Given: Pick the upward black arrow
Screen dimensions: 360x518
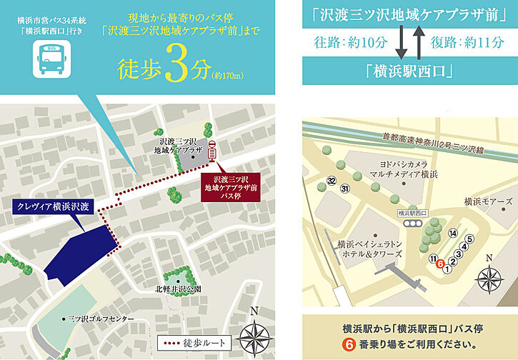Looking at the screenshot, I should coord(418,41).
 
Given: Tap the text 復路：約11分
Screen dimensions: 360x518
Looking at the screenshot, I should coord(468,42).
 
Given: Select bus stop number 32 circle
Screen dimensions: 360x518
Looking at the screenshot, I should coord(330,180).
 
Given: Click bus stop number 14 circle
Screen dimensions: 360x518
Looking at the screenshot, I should coord(453,234).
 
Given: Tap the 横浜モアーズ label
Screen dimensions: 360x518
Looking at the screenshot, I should coord(489,201).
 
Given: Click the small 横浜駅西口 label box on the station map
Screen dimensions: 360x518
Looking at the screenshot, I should coord(412,212).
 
